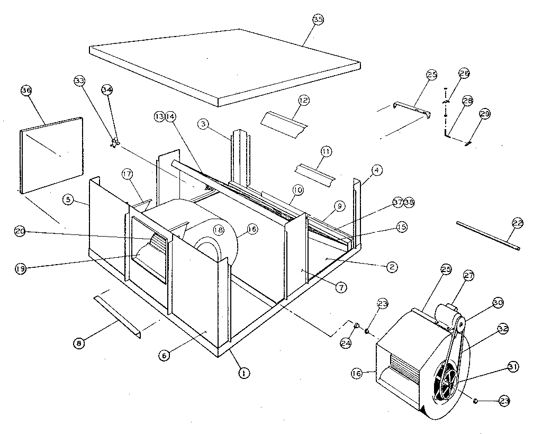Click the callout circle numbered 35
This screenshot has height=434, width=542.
318,20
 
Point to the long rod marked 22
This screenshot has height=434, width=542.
487,235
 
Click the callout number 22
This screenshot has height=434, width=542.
518,224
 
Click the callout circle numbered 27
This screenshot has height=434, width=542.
468,275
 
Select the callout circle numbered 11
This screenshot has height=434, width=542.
326,152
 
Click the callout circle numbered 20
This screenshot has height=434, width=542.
20,231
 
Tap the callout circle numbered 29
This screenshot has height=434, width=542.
485,114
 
